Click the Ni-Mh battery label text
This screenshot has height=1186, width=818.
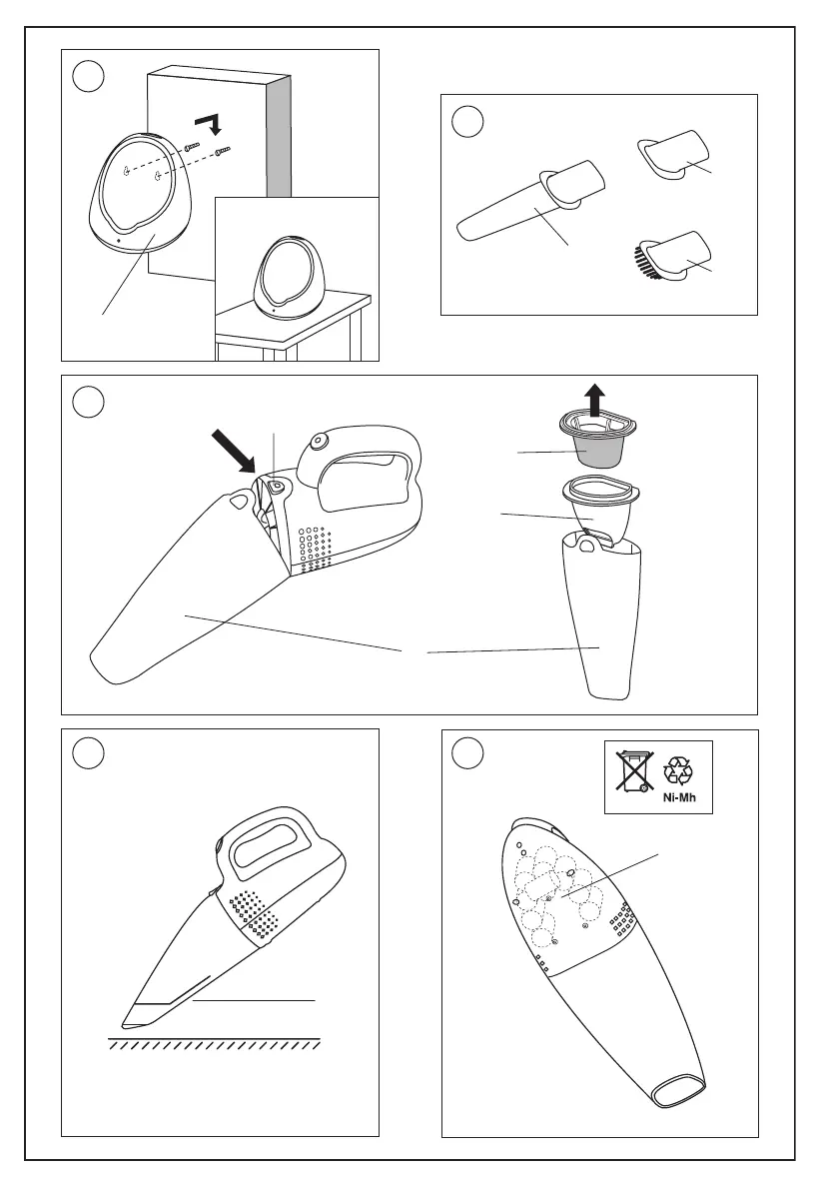coord(679,797)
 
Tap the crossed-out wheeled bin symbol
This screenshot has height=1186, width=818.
coord(633,770)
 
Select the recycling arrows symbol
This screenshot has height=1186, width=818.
coord(678,770)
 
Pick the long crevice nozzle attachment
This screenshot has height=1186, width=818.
coord(530,201)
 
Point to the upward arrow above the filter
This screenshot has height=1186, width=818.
coord(595,400)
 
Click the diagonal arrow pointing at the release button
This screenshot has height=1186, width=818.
coord(236,451)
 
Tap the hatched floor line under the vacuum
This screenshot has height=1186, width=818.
coord(213,1043)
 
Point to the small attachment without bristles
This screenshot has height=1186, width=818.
coord(673,155)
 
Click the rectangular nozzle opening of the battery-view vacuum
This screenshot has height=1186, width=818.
coord(679,1089)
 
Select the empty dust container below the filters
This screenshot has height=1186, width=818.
coord(602,612)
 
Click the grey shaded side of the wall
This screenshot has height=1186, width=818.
coord(280,136)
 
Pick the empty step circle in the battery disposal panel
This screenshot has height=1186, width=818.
coord(468,753)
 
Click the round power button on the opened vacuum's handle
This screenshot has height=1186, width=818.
coord(316,441)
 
